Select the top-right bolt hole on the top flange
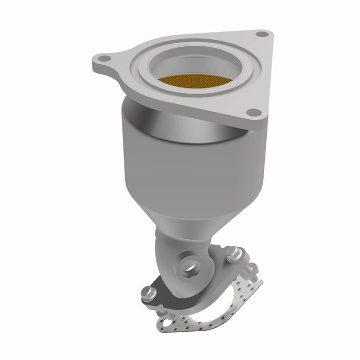pyautogui.click(x=263, y=35)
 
